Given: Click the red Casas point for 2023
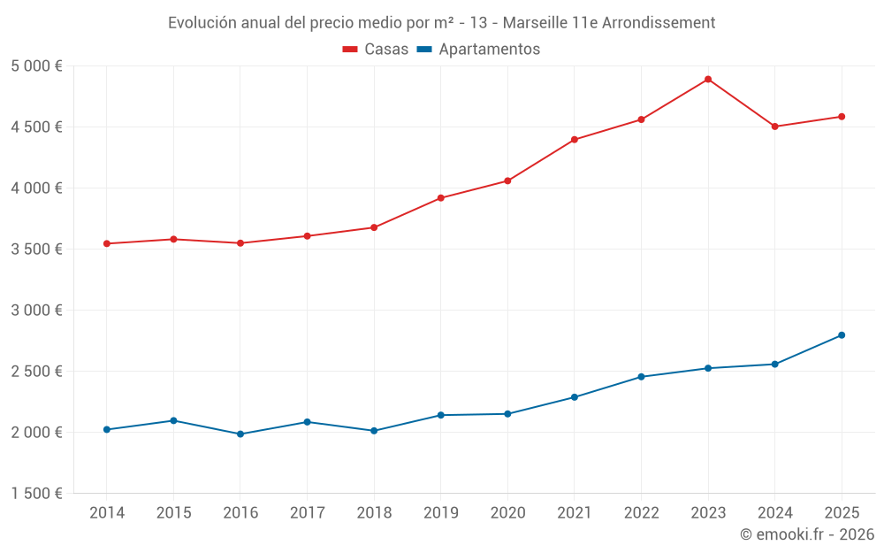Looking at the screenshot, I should tap(708, 80).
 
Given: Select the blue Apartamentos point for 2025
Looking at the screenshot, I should tap(842, 335).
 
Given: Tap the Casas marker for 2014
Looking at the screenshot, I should tap(107, 243).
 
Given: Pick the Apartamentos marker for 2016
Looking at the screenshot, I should tap(240, 434).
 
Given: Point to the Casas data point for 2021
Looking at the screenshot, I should tap(575, 140).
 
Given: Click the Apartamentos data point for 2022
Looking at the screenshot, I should tap(641, 377).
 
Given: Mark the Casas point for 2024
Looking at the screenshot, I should tap(774, 127).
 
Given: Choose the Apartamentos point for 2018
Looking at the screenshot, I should tap(374, 431).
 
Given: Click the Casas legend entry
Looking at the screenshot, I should tap(376, 50).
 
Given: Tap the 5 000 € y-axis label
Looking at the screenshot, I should tap(36, 66).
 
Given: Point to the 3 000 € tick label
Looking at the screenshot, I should tap(36, 311).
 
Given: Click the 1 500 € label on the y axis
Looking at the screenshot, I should tap(36, 494).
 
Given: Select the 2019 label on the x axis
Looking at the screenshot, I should tap(440, 513).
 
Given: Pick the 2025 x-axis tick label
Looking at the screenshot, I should tap(842, 513).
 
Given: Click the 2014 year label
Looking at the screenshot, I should tap(107, 513).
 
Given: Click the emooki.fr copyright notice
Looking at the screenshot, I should tap(806, 534).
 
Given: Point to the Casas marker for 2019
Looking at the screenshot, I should tap(440, 198).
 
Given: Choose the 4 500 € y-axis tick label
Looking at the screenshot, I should tap(36, 127).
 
